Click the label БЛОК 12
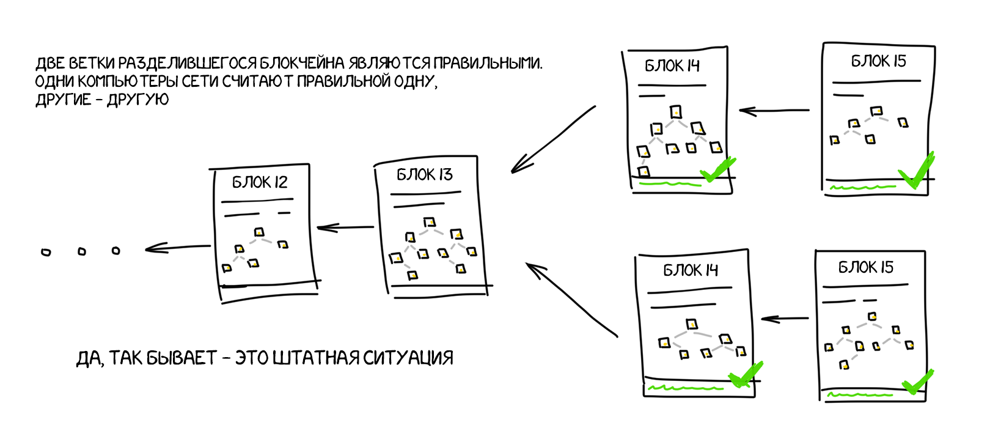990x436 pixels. [260, 182]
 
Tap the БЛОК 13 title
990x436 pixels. [425, 175]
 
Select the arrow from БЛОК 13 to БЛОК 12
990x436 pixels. [345, 227]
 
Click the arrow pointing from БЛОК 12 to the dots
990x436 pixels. [177, 248]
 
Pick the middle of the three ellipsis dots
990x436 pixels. [81, 251]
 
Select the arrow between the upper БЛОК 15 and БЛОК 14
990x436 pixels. [774, 111]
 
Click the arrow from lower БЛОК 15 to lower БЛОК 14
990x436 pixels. [785, 319]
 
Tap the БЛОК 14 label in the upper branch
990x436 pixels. [672, 66]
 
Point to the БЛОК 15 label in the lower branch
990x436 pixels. [865, 268]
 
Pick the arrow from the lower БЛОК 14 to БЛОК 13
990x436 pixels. [571, 300]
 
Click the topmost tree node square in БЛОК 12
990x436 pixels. [259, 232]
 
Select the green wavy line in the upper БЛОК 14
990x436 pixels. [669, 183]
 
